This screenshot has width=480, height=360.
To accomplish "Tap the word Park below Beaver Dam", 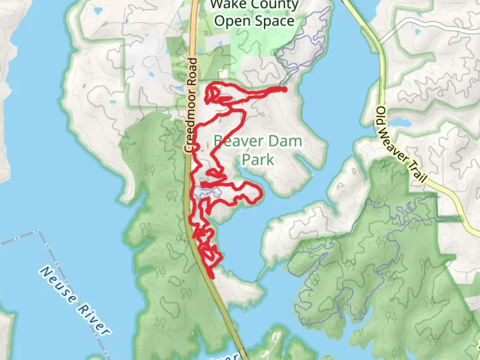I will coord(258,160).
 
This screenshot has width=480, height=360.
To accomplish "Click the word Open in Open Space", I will coord(230,21).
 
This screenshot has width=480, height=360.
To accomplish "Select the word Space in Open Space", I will coord(275,21).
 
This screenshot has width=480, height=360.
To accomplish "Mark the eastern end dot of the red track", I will coord(284,89).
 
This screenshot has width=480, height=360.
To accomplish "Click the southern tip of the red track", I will coord(212,276).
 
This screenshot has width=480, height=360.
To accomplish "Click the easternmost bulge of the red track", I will coord(261,194).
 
